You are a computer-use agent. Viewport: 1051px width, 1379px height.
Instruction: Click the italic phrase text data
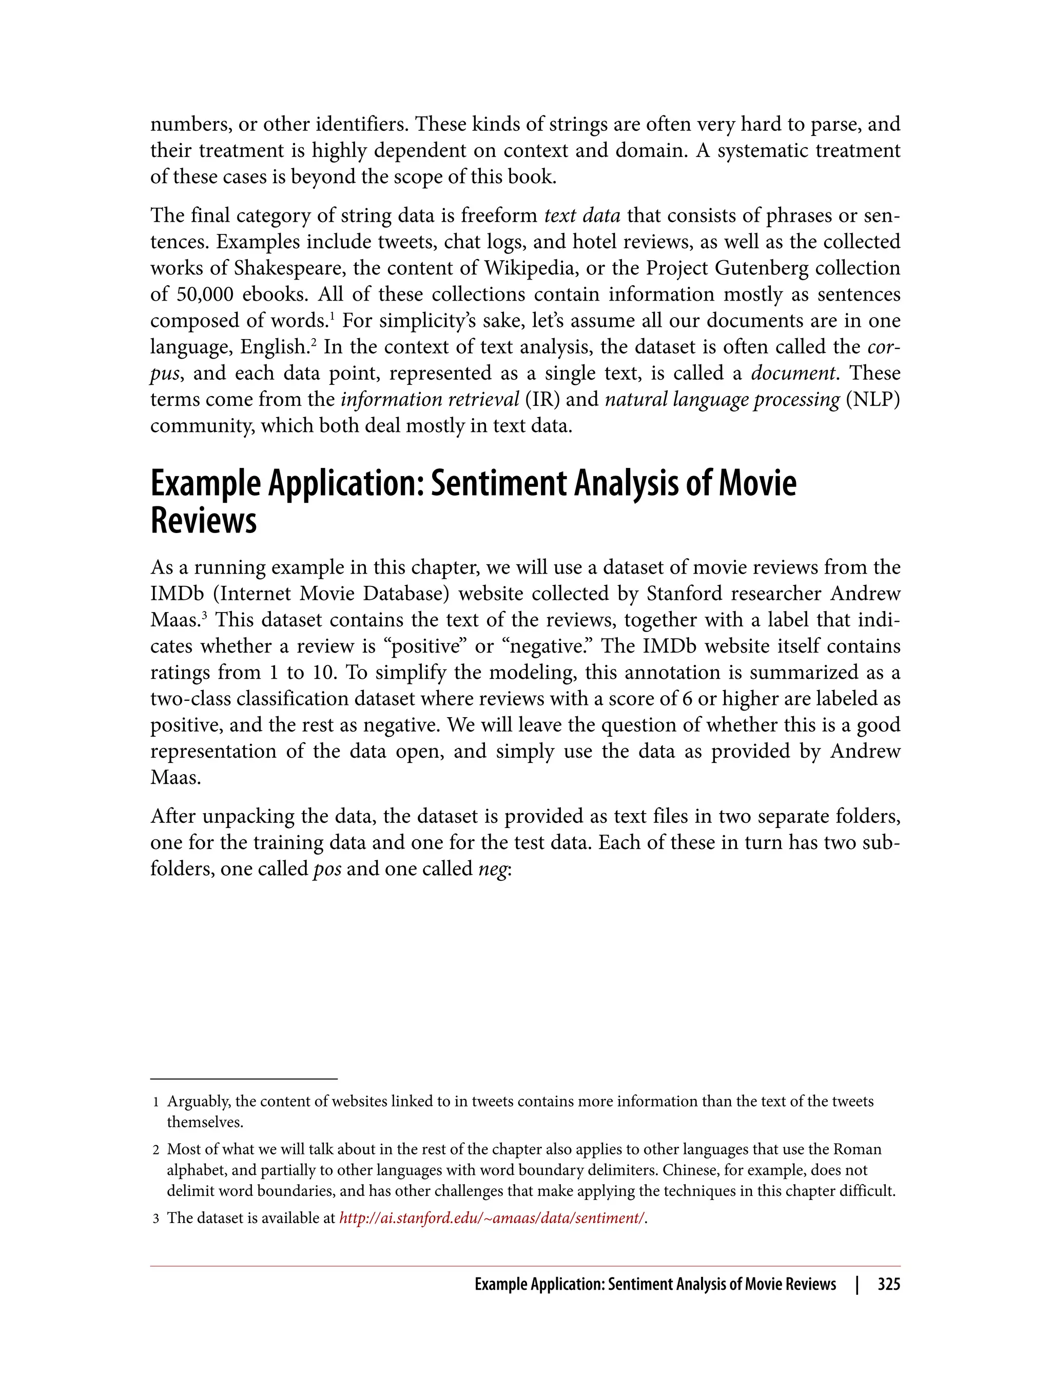pyautogui.click(x=582, y=216)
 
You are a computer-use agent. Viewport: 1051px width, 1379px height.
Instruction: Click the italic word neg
pyautogui.click(x=492, y=869)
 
